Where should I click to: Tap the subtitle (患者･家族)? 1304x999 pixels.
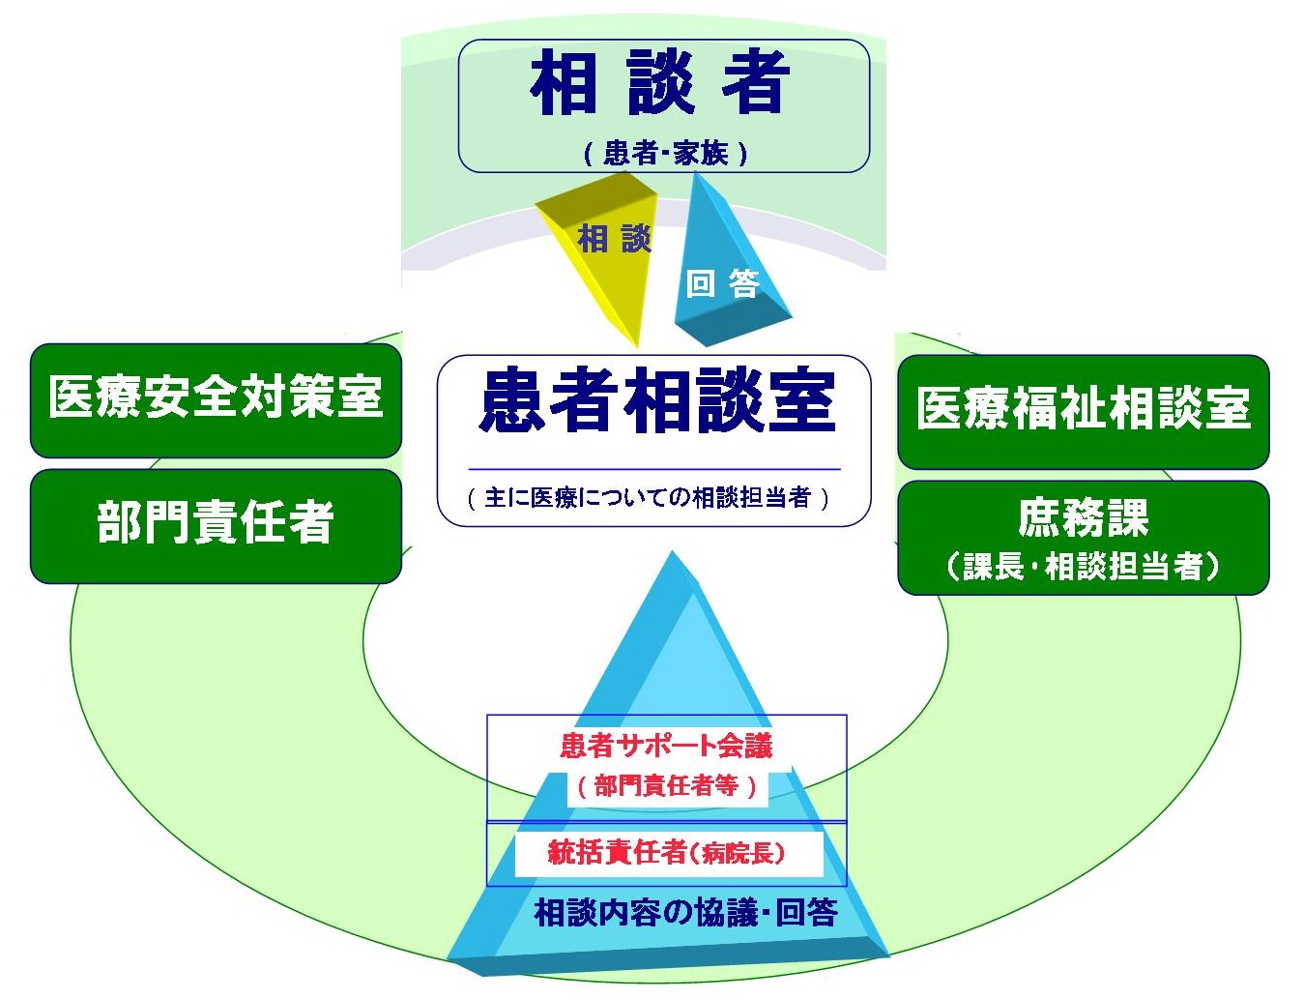[665, 153]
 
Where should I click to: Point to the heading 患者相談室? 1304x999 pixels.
[657, 400]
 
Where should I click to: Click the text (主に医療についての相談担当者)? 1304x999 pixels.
[648, 498]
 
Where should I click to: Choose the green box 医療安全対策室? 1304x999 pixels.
[216, 400]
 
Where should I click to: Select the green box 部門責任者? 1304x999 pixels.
[216, 526]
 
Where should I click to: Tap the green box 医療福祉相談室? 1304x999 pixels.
[1084, 412]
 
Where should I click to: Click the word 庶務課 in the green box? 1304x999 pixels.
[1084, 517]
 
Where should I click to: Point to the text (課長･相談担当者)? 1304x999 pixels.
[1084, 566]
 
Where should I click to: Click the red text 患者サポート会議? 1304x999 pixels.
[666, 747]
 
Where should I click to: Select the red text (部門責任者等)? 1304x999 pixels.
[667, 785]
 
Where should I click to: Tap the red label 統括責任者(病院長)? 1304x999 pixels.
[667, 853]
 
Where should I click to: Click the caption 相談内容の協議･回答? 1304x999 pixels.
[686, 913]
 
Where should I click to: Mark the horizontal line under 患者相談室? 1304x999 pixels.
[654, 469]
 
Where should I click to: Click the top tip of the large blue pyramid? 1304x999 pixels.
[673, 551]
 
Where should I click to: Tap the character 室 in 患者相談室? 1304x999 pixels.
[802, 400]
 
